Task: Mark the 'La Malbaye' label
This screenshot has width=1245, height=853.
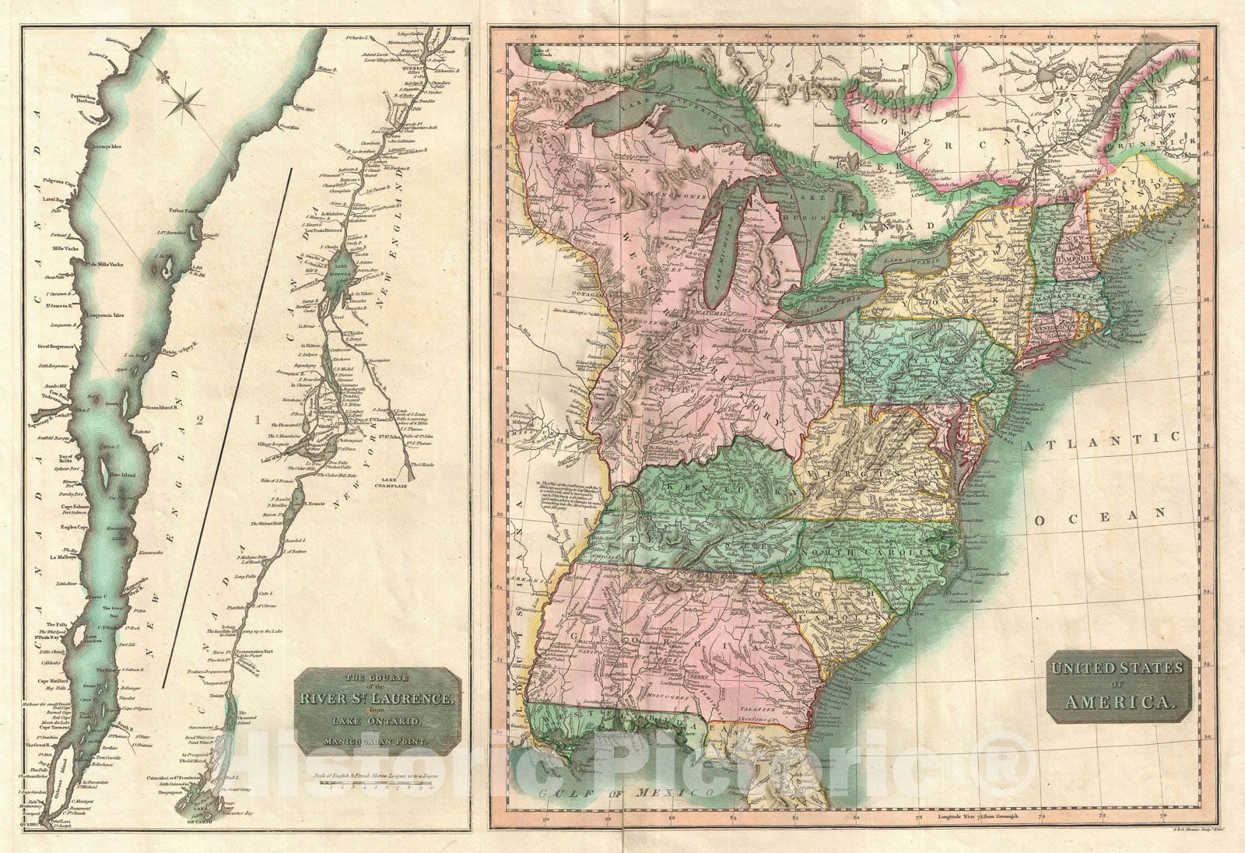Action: click(x=64, y=557)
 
